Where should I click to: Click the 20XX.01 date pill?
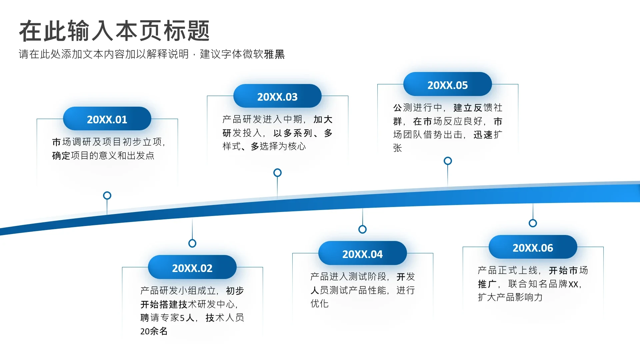click(x=107, y=119)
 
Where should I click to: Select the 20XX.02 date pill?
click(x=192, y=267)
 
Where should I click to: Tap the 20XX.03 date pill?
click(x=277, y=96)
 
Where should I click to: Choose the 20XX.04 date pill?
click(x=363, y=253)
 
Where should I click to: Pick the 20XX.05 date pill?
click(x=448, y=84)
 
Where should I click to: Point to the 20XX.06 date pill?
click(x=533, y=247)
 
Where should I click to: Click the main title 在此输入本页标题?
click(x=114, y=31)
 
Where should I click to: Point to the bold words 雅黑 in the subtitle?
click(x=274, y=54)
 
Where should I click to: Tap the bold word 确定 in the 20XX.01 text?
click(x=61, y=156)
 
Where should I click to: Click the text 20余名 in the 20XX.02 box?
click(x=154, y=331)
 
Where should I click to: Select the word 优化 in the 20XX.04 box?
click(x=320, y=303)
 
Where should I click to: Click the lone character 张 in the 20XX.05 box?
click(x=398, y=148)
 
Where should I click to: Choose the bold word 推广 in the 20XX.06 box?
click(x=487, y=284)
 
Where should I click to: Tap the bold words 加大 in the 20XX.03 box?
click(x=323, y=119)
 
